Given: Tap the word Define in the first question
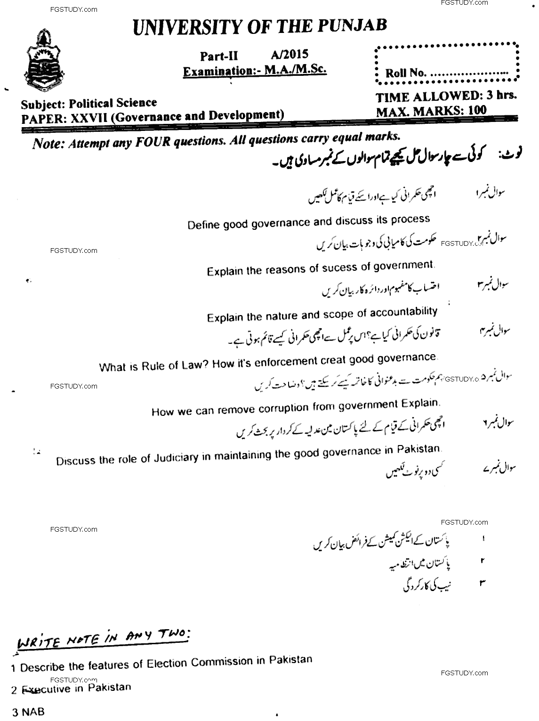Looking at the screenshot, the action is (x=204, y=225).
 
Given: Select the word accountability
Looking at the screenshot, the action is (x=403, y=312).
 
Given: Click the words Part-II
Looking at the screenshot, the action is (x=219, y=56).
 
